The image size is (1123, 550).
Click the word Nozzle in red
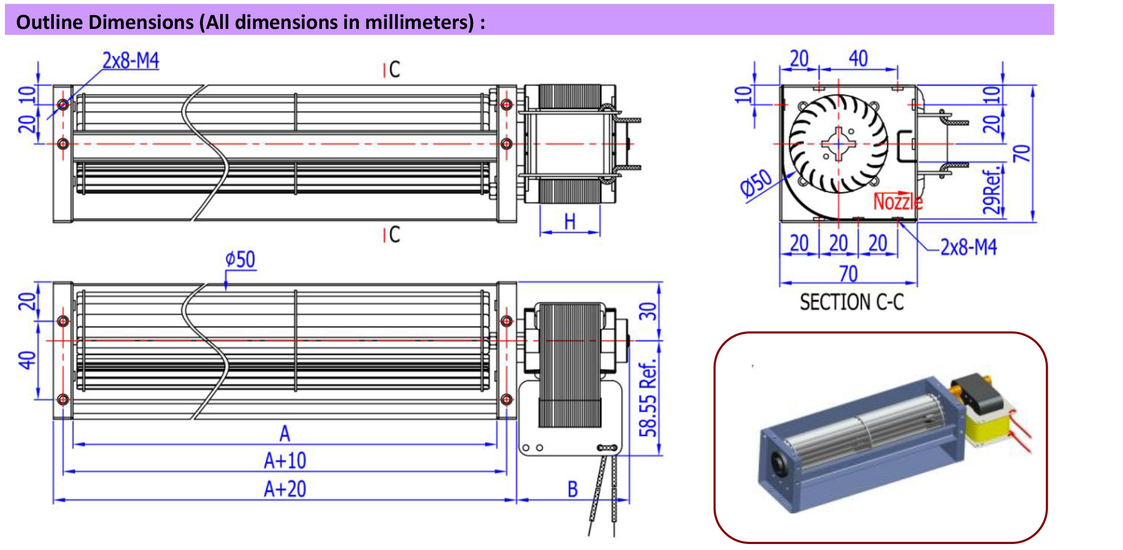click(x=898, y=202)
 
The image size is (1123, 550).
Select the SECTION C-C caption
click(x=851, y=302)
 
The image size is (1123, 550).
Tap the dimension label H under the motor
click(x=570, y=222)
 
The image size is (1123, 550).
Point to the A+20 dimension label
click(x=285, y=489)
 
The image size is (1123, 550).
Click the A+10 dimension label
click(x=285, y=461)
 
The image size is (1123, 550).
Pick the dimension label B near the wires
click(x=573, y=490)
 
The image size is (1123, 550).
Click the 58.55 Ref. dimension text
click(x=648, y=399)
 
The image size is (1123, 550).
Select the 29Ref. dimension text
click(x=992, y=192)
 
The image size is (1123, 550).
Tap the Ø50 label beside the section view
click(x=756, y=183)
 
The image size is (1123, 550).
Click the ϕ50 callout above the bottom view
click(x=240, y=260)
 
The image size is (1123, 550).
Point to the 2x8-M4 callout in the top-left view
click(x=131, y=61)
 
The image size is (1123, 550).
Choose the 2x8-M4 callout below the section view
click(x=968, y=247)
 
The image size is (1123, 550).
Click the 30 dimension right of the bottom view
click(x=648, y=311)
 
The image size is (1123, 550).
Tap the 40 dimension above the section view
click(x=858, y=59)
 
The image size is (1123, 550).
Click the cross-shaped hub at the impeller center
click(x=839, y=144)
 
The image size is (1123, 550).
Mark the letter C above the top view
click(x=394, y=70)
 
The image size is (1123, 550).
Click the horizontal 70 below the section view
click(x=848, y=274)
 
